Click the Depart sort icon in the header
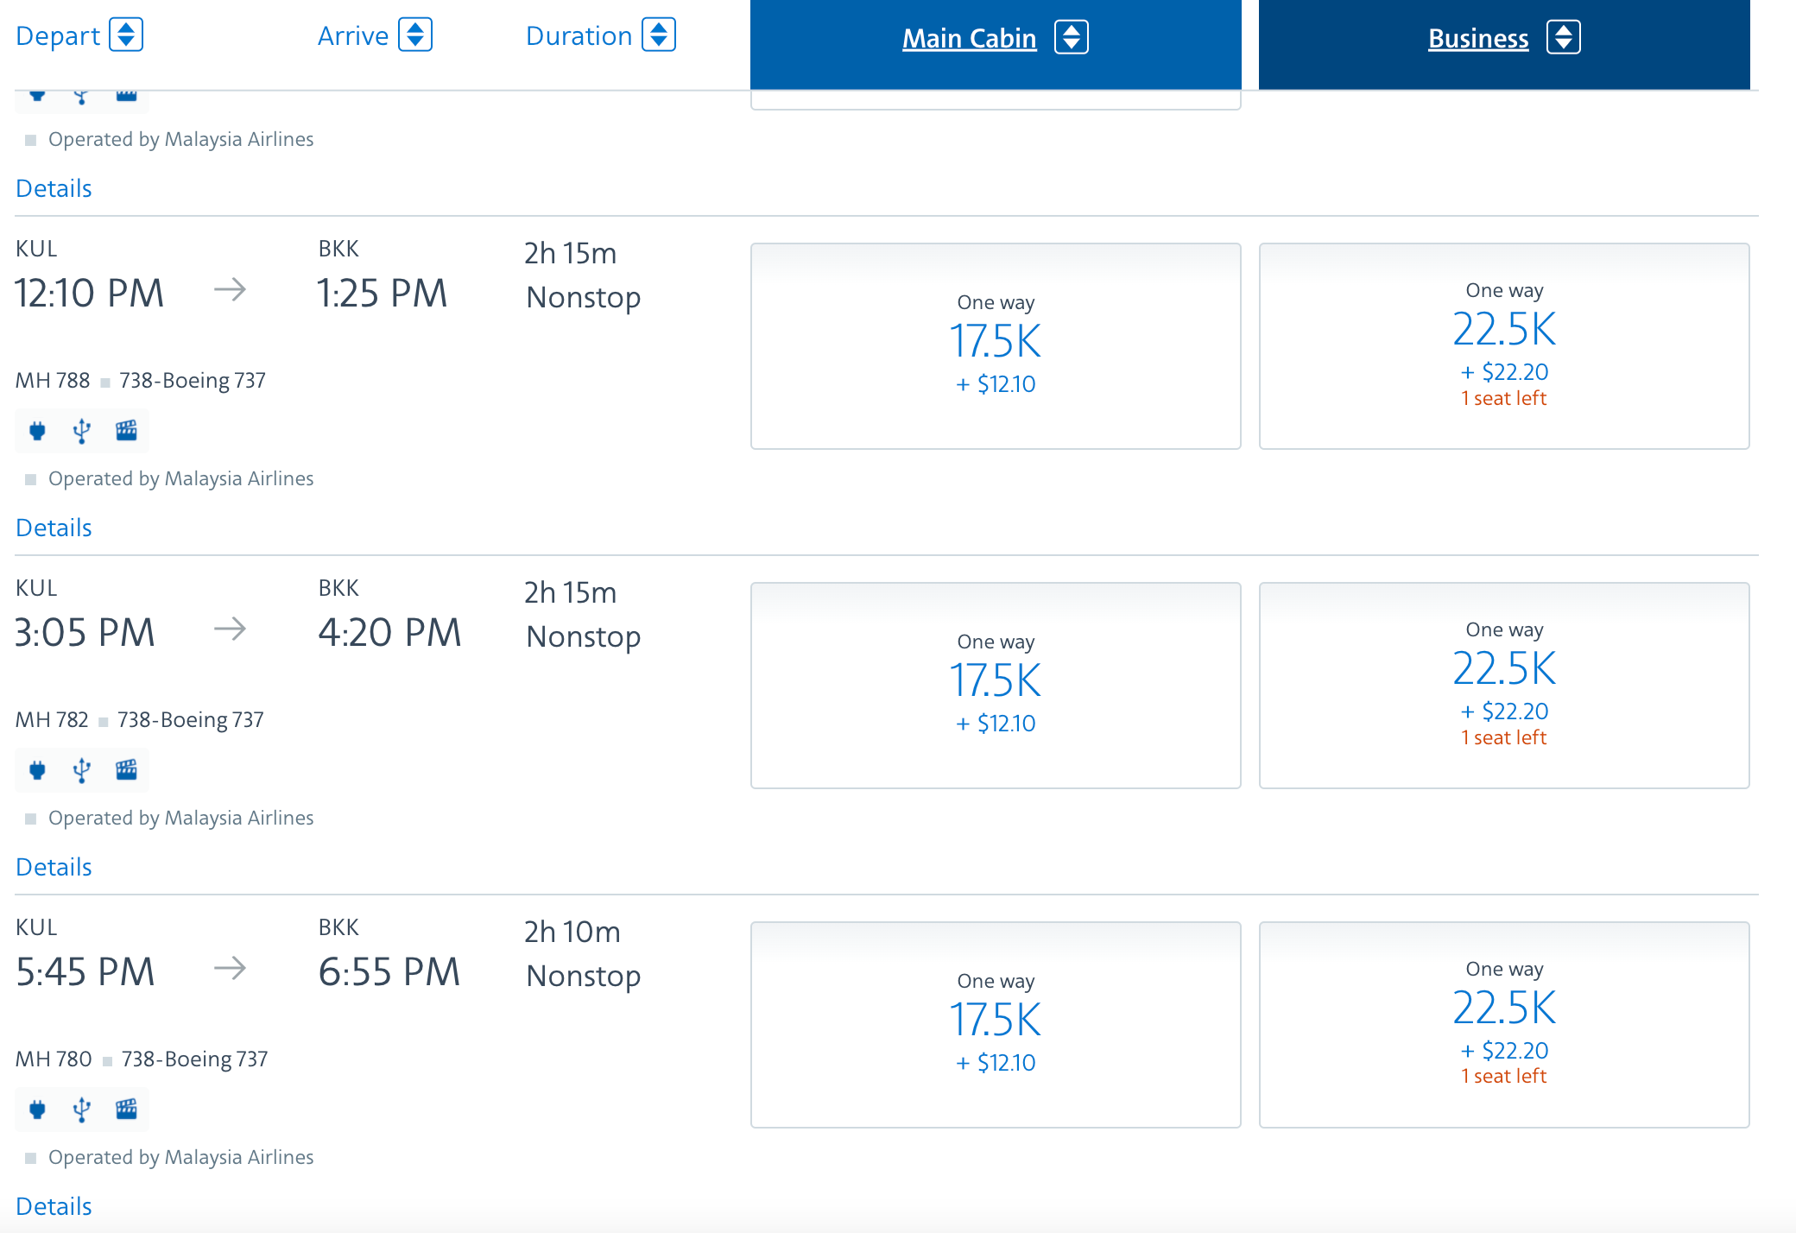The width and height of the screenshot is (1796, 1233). click(x=126, y=35)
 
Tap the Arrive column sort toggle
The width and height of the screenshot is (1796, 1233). click(x=415, y=35)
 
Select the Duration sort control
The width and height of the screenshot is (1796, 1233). click(x=659, y=35)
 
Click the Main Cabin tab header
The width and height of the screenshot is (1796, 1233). click(x=969, y=38)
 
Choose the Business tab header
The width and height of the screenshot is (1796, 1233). click(x=1477, y=38)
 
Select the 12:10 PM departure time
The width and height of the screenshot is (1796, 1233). click(x=89, y=294)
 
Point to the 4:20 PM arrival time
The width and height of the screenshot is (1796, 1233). click(x=389, y=633)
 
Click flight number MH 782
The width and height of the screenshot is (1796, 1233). click(x=52, y=720)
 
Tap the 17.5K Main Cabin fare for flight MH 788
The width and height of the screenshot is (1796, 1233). click(x=996, y=341)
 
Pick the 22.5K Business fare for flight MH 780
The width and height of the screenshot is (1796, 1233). click(x=1504, y=1008)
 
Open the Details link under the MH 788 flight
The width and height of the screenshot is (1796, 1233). click(x=54, y=528)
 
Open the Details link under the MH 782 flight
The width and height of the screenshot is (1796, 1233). click(x=54, y=867)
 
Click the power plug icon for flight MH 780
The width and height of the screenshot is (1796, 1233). click(x=37, y=1110)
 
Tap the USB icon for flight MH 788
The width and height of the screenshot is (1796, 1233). click(x=81, y=431)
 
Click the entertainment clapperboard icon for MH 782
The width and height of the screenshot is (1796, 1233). click(x=126, y=769)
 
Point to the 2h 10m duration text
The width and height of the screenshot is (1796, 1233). click(x=572, y=933)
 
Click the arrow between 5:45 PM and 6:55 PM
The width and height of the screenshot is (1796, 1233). click(x=230, y=968)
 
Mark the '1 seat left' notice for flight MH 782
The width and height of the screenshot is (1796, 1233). click(x=1503, y=737)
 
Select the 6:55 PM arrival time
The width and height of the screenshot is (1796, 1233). click(x=389, y=972)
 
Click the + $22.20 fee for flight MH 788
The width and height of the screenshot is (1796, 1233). click(x=1504, y=372)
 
